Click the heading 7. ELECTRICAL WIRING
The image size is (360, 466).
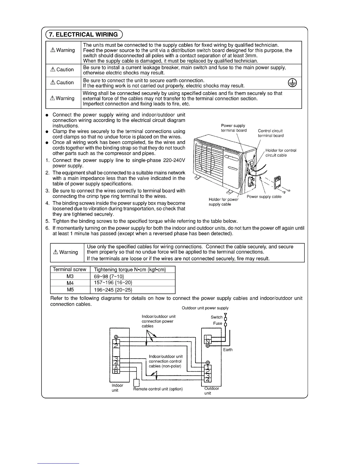click(x=83, y=34)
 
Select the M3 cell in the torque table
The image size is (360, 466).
click(x=70, y=276)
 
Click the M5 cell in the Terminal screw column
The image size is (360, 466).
click(x=70, y=290)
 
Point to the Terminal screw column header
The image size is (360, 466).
click(x=69, y=269)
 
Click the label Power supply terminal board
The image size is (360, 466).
click(x=234, y=128)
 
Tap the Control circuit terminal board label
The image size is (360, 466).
click(x=271, y=133)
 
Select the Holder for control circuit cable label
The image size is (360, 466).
click(x=281, y=153)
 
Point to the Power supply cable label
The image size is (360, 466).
click(x=264, y=197)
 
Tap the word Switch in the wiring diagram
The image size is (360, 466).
click(x=216, y=317)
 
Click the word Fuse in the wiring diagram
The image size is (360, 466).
click(x=218, y=323)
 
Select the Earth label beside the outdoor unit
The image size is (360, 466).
click(x=228, y=350)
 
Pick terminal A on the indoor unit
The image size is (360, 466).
click(x=116, y=367)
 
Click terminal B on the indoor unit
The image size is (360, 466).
click(x=116, y=372)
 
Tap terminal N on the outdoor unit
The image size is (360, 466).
click(x=208, y=341)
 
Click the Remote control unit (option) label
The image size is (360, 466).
click(x=158, y=389)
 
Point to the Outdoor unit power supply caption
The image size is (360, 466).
click(x=205, y=308)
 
